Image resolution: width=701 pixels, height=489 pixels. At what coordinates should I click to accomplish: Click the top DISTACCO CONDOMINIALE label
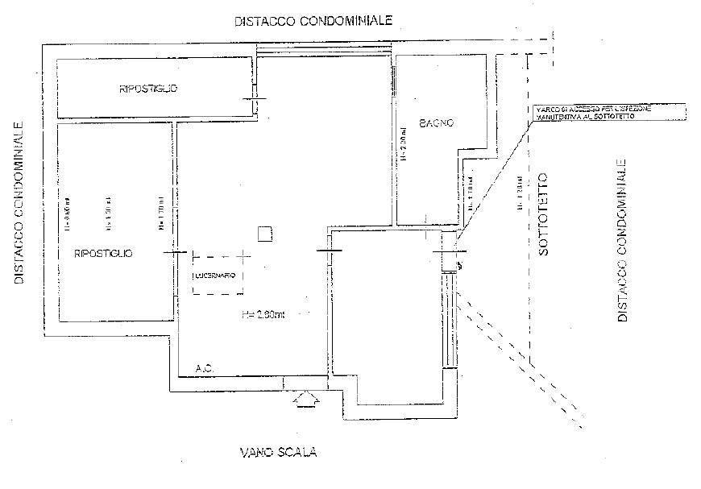(313, 22)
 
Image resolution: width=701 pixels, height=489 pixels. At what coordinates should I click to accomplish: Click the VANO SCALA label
(278, 453)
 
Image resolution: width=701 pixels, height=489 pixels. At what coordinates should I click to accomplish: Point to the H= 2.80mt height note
(265, 313)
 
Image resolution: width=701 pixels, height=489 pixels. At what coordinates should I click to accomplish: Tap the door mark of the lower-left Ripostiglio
(174, 252)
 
